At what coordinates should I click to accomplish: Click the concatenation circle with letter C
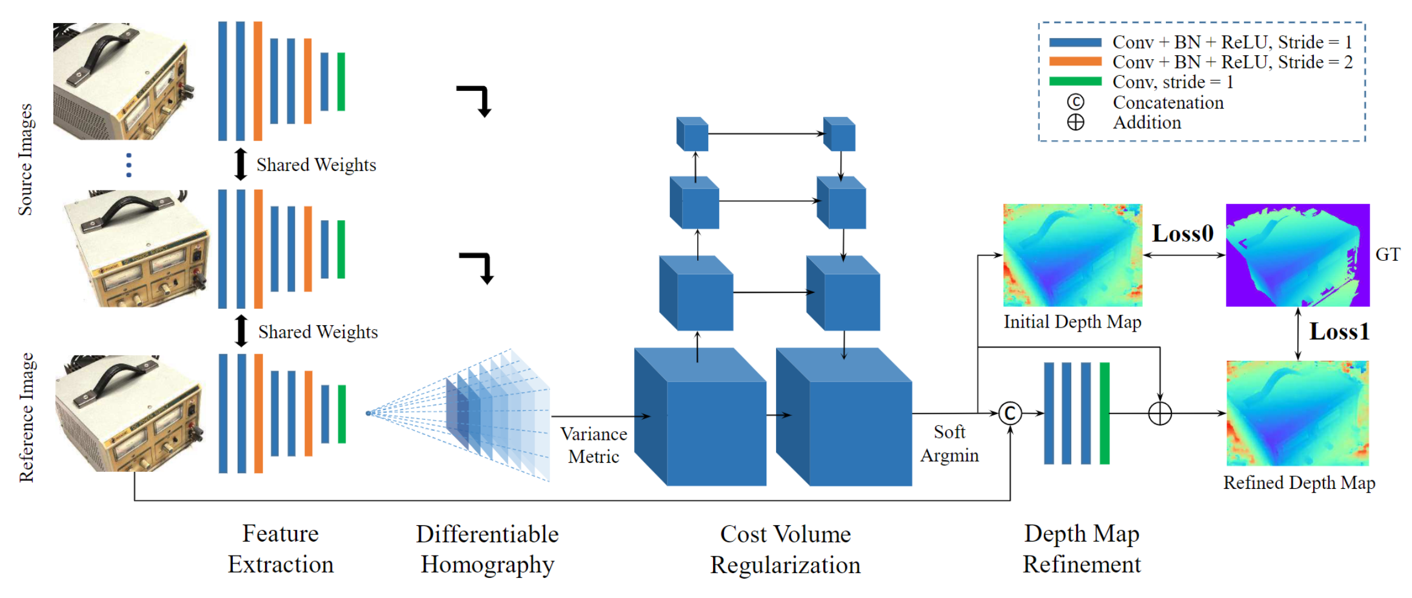point(1009,414)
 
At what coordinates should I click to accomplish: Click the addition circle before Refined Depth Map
point(1159,414)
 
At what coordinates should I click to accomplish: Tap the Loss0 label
point(1182,233)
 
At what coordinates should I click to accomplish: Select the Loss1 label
point(1339,332)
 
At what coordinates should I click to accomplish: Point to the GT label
point(1387,255)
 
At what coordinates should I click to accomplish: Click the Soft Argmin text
point(949,443)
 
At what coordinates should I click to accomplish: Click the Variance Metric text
point(593,445)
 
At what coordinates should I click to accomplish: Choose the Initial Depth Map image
point(1072,255)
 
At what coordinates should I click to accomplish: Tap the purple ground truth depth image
point(1297,255)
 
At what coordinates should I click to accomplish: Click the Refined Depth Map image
point(1297,414)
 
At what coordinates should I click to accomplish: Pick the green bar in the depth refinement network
point(1104,414)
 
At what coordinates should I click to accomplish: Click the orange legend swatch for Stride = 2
point(1075,62)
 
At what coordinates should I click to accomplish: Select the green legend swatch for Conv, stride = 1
point(1075,81)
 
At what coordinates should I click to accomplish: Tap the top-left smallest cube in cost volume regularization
point(692,135)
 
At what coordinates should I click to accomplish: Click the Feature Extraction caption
point(280,549)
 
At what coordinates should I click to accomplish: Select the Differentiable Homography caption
point(487,549)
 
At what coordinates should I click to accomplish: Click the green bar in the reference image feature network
point(342,414)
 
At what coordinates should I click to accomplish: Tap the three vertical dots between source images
point(129,165)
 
